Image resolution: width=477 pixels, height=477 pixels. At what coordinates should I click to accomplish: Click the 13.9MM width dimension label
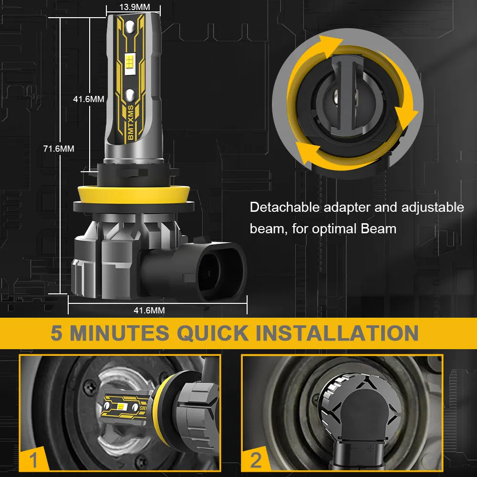(135, 7)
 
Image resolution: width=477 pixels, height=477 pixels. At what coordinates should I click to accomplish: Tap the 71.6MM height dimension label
(59, 148)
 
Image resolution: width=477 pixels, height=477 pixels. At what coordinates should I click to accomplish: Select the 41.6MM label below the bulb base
(149, 311)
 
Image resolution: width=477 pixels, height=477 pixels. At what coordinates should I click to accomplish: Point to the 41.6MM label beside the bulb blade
(89, 99)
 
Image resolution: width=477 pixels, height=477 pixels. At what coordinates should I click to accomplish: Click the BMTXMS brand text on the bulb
(131, 123)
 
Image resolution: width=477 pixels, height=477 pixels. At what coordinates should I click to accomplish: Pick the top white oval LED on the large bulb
(130, 27)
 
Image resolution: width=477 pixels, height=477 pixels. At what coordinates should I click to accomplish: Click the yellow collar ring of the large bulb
(134, 195)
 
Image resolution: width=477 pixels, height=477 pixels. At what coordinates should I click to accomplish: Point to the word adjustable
(433, 208)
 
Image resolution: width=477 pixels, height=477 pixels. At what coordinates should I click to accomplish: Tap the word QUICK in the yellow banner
(213, 333)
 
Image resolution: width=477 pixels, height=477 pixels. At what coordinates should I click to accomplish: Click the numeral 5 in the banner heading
(57, 333)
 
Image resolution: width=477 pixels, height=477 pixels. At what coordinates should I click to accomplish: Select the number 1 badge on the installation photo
(33, 459)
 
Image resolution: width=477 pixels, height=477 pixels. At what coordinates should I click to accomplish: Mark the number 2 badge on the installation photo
(256, 459)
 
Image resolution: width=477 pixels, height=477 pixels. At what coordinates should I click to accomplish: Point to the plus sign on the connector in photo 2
(370, 448)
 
